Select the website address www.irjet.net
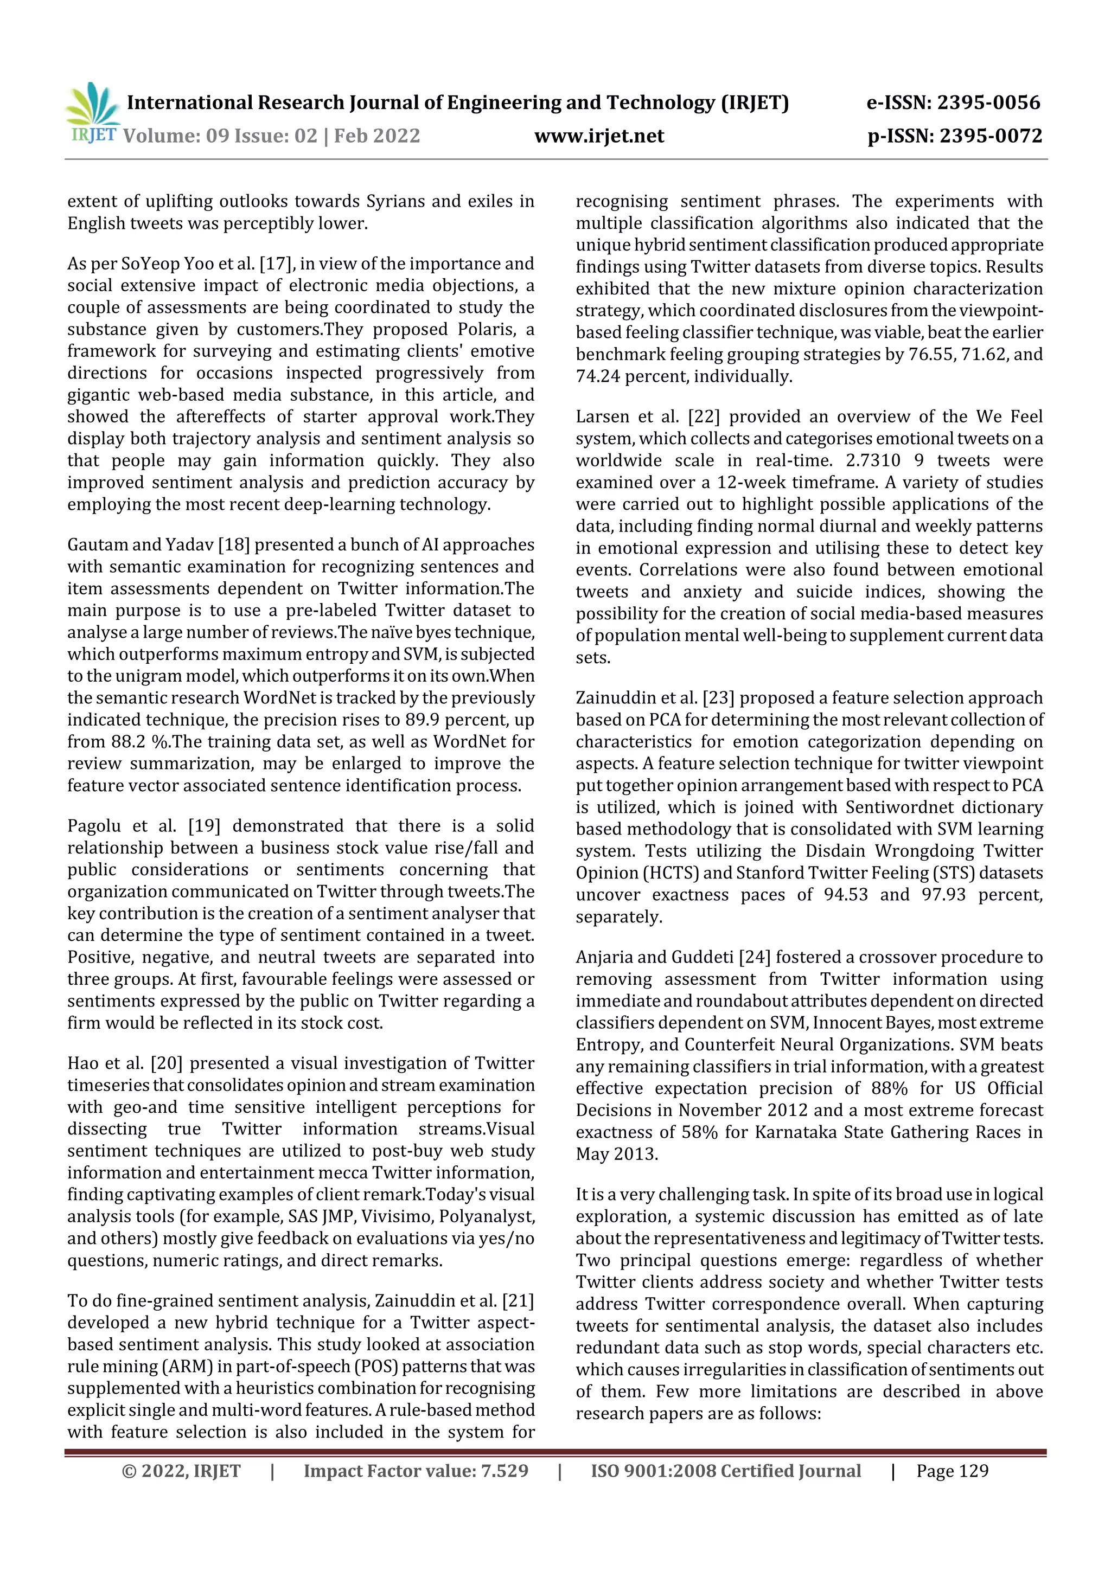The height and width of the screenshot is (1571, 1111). click(x=599, y=136)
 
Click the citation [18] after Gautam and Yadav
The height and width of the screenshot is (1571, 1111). click(x=233, y=544)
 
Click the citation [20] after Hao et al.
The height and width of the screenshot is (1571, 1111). click(x=167, y=1063)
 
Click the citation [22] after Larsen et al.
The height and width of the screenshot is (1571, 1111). click(x=704, y=416)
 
